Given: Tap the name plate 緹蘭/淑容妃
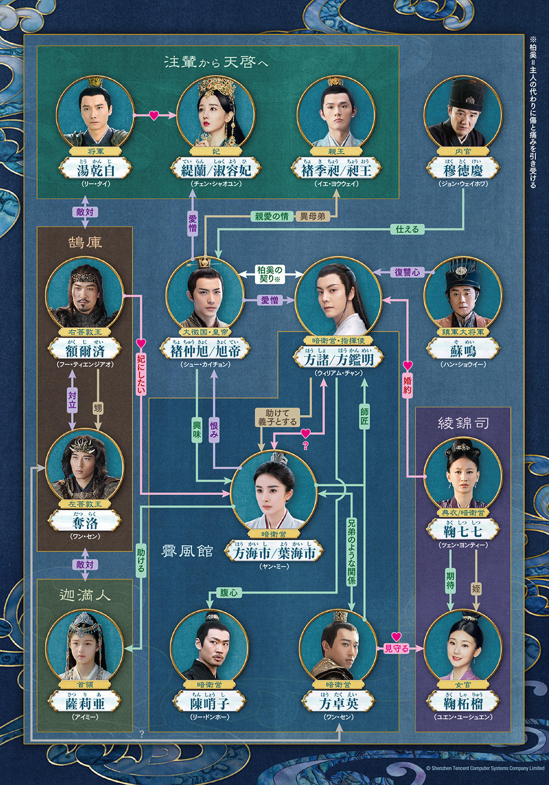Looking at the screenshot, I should click(x=216, y=170).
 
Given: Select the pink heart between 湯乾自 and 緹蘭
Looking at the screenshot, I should click(x=154, y=115).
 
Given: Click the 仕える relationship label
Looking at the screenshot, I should click(x=407, y=229).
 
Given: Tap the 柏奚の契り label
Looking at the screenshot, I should click(x=270, y=274).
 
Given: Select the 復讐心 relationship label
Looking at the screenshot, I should click(x=407, y=272).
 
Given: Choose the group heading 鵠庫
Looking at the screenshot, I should click(x=85, y=242).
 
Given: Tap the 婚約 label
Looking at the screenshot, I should click(x=408, y=385).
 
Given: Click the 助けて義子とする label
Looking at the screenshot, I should click(x=277, y=417).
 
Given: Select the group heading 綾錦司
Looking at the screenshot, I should click(x=463, y=423).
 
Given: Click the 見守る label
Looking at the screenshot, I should click(x=396, y=648).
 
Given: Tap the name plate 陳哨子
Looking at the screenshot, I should click(x=209, y=703).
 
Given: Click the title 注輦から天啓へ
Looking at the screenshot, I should click(x=216, y=62).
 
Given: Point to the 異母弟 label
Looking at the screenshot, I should click(x=313, y=216).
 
